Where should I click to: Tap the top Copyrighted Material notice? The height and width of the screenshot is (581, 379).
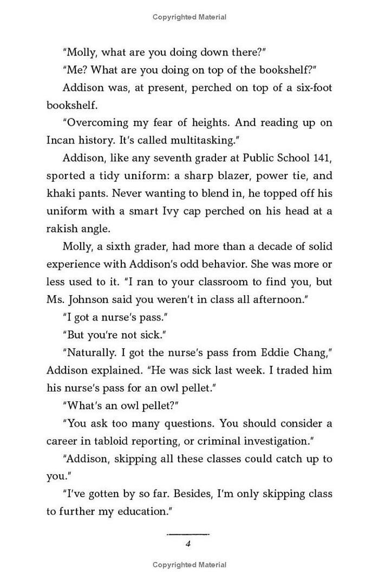tap(189, 17)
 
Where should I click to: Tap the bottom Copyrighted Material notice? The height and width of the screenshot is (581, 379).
tap(189, 565)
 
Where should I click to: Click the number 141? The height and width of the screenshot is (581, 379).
tap(321, 158)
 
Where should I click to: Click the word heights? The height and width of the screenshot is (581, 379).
tap(210, 123)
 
